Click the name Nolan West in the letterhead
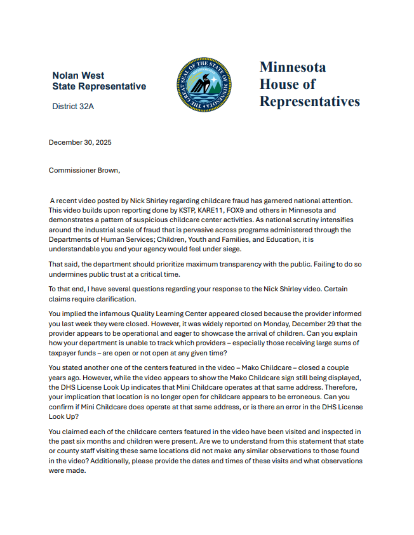pos(78,75)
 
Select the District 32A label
pos(73,107)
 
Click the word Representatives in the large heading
pos(309,102)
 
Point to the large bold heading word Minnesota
pos(293,67)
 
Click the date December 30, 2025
pos(80,142)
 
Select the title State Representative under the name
pos(99,86)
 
